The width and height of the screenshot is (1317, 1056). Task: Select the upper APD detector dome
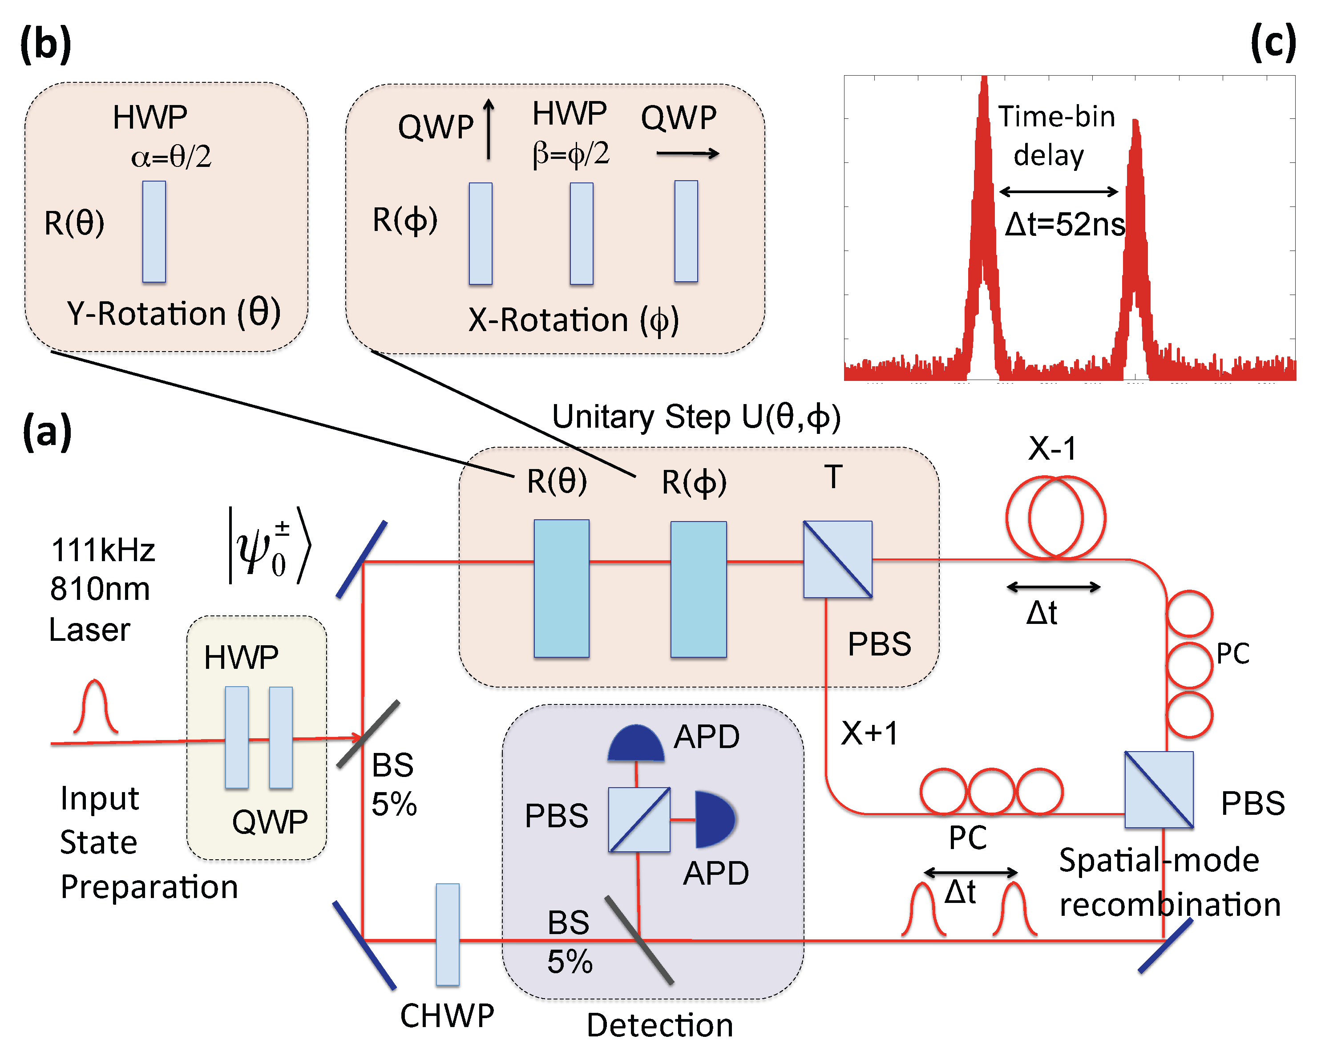[636, 743]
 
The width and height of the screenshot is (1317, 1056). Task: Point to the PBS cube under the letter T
[837, 559]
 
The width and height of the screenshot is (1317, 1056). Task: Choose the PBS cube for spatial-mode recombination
[1159, 789]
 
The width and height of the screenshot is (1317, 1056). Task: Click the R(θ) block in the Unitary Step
[562, 588]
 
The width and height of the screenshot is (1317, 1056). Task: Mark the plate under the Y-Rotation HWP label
[154, 231]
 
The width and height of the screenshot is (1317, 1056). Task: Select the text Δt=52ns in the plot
[1065, 224]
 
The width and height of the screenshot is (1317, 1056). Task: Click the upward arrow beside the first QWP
[489, 130]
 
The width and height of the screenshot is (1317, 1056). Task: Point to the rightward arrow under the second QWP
[688, 154]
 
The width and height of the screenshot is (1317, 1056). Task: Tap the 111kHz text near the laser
[103, 550]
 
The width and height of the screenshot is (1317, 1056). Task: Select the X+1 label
[869, 733]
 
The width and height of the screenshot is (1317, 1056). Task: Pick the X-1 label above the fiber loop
[1052, 448]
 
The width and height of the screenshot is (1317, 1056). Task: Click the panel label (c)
[1273, 43]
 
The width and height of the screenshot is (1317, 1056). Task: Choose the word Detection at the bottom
[660, 1025]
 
